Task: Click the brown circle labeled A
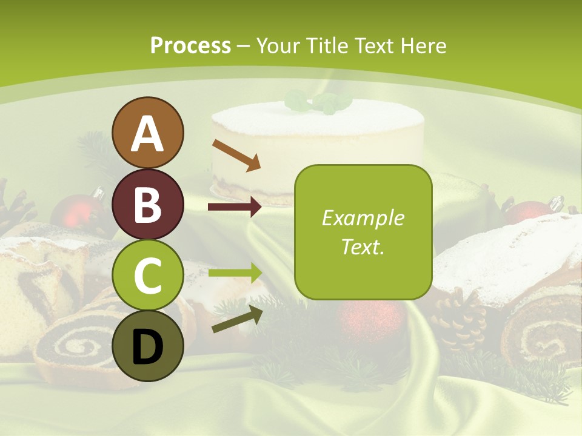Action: tap(148, 133)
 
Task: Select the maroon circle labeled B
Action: tap(148, 204)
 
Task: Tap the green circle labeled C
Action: tap(148, 275)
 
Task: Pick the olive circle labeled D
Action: tap(148, 346)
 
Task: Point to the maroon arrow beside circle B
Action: tap(235, 207)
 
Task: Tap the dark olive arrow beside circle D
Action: tap(237, 319)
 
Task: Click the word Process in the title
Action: tap(190, 46)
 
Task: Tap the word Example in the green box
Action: tap(363, 219)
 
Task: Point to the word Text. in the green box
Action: tap(363, 246)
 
